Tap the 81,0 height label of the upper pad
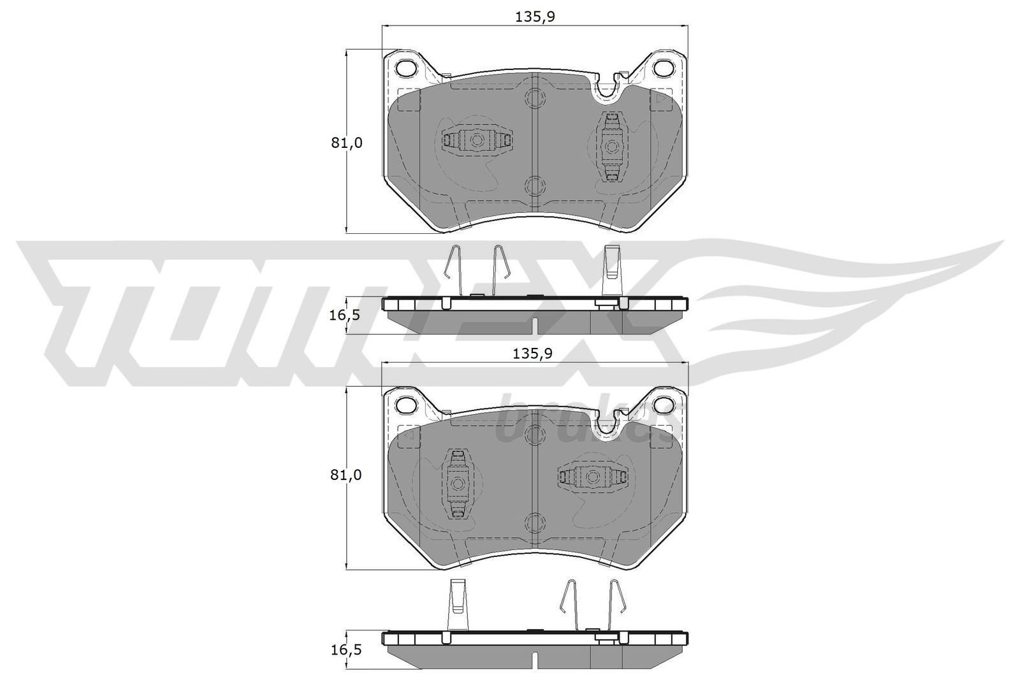coord(346,143)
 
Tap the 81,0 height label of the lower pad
coord(346,475)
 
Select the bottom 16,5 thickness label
coord(346,650)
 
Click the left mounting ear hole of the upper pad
coord(405,68)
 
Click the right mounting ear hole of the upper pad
coord(665,68)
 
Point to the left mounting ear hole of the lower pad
coord(405,404)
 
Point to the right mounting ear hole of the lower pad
coord(665,404)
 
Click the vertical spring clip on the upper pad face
coord(612,147)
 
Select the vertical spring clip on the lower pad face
coord(457,483)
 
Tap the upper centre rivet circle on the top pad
coord(534,98)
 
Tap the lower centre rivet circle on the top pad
coord(534,185)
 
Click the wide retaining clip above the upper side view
coord(612,263)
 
